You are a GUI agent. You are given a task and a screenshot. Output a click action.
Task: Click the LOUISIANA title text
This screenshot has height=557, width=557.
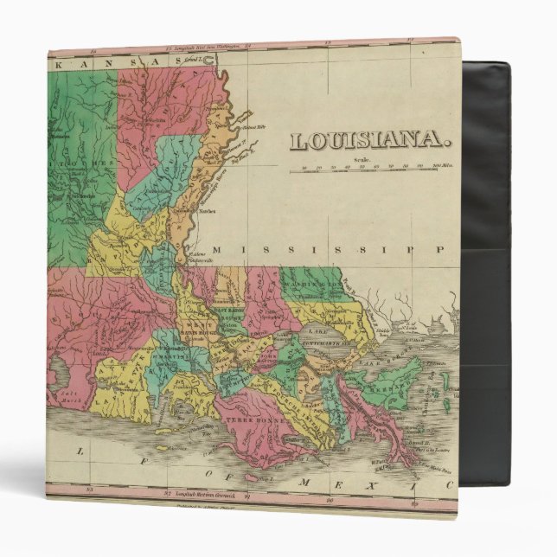(x=369, y=140)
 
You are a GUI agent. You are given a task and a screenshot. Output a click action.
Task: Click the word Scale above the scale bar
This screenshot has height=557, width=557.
(x=362, y=159)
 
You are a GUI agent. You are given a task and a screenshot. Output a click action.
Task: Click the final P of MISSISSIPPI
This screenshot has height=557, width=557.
(x=439, y=250)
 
